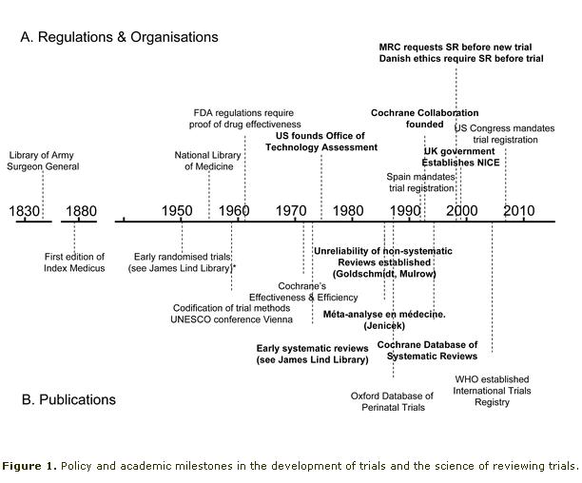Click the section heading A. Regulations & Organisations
click(119, 37)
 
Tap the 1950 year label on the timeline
click(177, 210)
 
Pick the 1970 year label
click(291, 210)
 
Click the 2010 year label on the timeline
click(518, 210)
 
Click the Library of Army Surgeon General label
click(44, 161)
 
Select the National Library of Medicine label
click(211, 161)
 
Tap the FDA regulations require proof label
click(246, 118)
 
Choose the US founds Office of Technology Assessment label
click(320, 142)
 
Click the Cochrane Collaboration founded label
click(407, 118)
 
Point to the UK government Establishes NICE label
click(459, 156)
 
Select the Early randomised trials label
click(182, 261)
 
